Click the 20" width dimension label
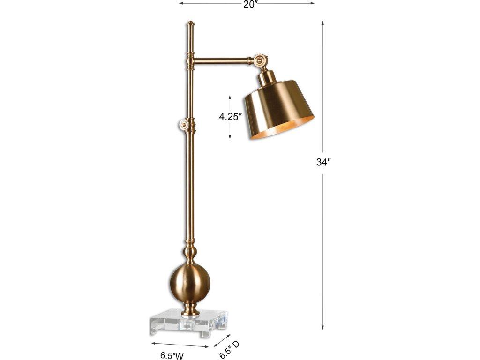click(x=249, y=4)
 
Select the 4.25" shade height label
click(x=230, y=117)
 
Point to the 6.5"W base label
click(x=172, y=355)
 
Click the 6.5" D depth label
click(x=229, y=350)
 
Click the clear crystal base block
click(x=189, y=322)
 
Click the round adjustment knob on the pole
click(x=184, y=125)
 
